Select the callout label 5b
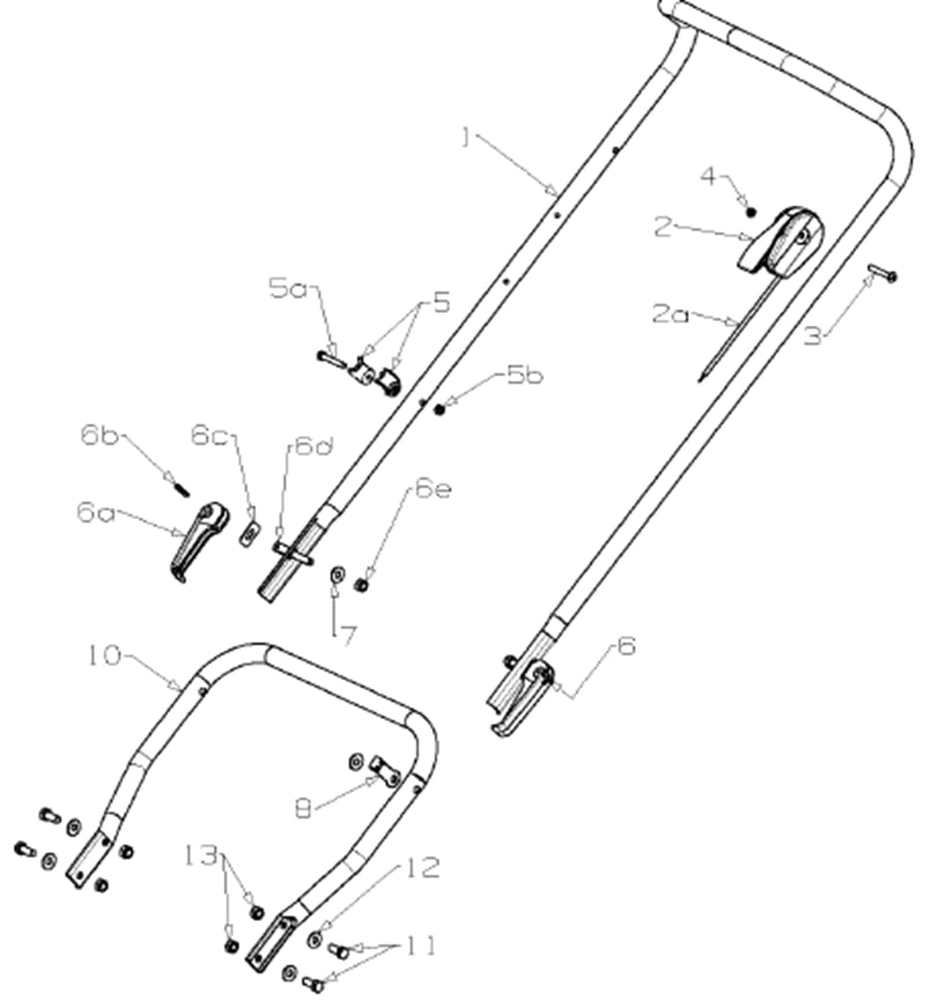click(x=525, y=375)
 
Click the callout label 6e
click(x=433, y=490)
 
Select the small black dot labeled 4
click(x=751, y=212)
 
